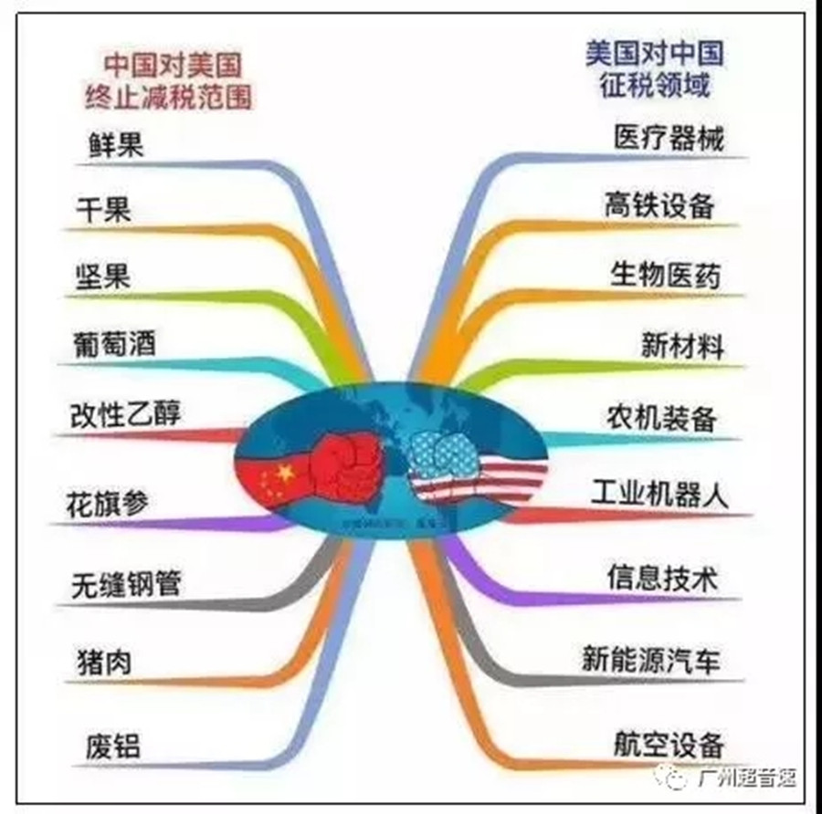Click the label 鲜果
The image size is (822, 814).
[117, 145]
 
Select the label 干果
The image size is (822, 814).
[103, 210]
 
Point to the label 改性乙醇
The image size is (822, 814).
[126, 413]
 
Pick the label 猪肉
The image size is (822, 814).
[103, 662]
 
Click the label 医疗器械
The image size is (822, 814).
[669, 140]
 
